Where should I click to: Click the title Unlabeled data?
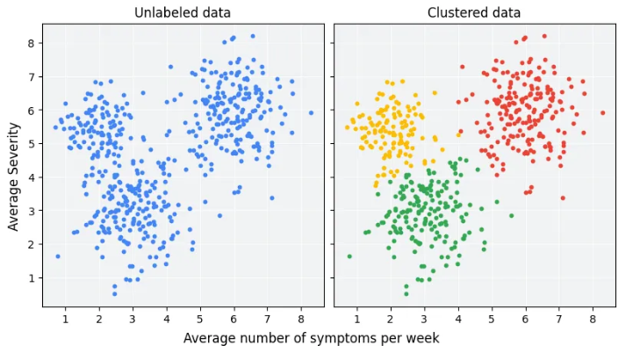pyautogui.click(x=182, y=12)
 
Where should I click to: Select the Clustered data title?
pyautogui.click(x=474, y=12)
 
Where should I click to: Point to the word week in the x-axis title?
pyautogui.click(x=422, y=338)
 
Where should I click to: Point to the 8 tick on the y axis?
pyautogui.click(x=31, y=43)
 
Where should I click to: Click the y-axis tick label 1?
pyautogui.click(x=31, y=278)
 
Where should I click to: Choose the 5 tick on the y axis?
pyautogui.click(x=31, y=144)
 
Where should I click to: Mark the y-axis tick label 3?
pyautogui.click(x=31, y=211)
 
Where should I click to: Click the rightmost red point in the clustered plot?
pyautogui.click(x=602, y=112)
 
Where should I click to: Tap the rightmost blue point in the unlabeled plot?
pyautogui.click(x=311, y=112)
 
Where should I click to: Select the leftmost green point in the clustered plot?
pyautogui.click(x=349, y=256)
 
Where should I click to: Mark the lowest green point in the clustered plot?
pyautogui.click(x=406, y=293)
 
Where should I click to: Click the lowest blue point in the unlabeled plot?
pyautogui.click(x=114, y=293)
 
